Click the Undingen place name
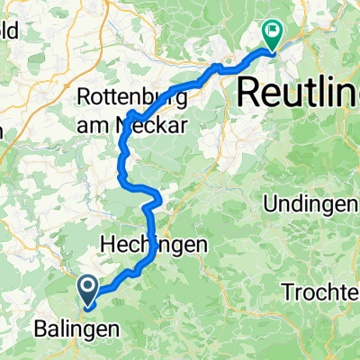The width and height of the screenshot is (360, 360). [x=310, y=205]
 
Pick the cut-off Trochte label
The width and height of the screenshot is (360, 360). [x=319, y=292]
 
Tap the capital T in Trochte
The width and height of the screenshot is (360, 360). [x=285, y=292]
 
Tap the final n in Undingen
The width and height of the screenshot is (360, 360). [x=351, y=205]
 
